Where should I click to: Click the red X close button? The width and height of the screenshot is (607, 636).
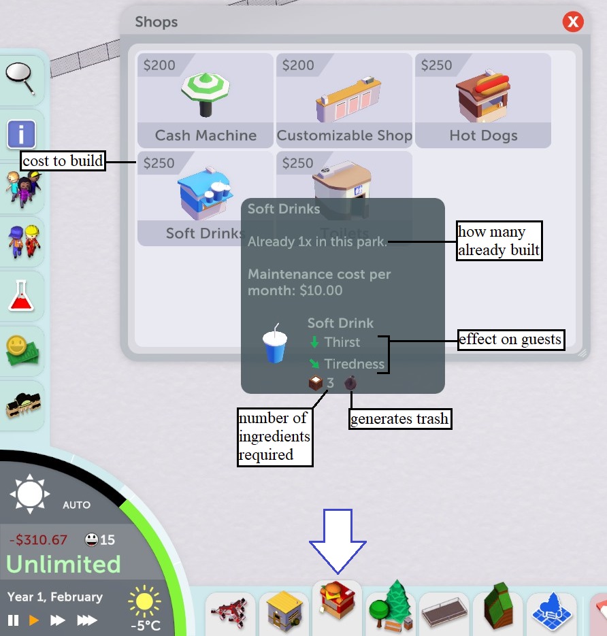click(573, 22)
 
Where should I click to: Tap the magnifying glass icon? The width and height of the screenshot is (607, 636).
click(22, 79)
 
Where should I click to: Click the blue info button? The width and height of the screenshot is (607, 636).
click(21, 133)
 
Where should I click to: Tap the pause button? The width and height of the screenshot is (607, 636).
click(13, 620)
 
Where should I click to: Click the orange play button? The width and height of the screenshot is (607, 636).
click(34, 620)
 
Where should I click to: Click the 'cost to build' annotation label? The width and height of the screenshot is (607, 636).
click(63, 162)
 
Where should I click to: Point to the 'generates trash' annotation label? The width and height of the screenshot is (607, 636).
click(400, 419)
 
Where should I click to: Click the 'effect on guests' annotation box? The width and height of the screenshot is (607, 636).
click(511, 339)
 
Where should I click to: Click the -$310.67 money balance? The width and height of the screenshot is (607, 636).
click(38, 540)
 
